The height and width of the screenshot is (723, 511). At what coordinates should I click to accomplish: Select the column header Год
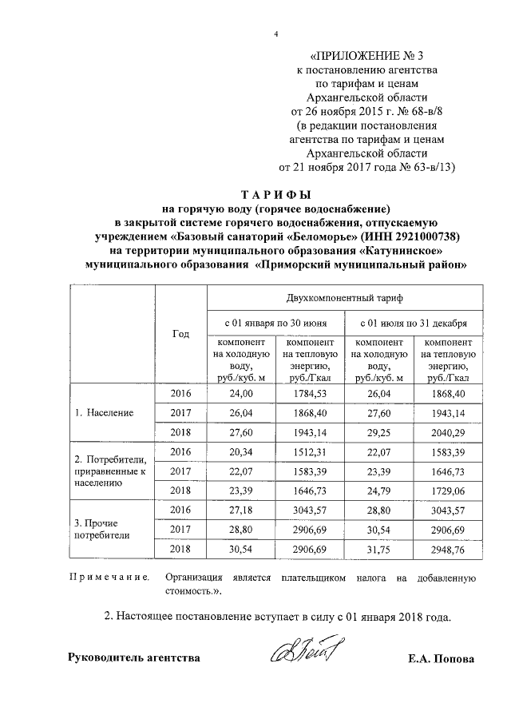[x=180, y=334]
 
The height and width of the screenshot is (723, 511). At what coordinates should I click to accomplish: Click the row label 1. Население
[x=104, y=413]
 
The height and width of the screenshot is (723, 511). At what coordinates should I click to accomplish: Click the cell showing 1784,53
[x=310, y=395]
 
